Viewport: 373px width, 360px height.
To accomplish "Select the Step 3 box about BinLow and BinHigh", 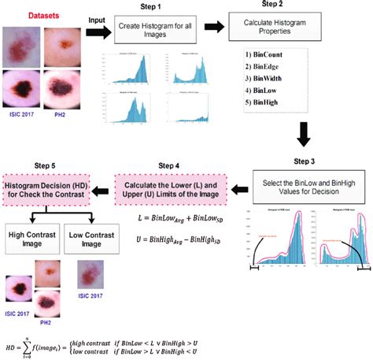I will coord(310,186).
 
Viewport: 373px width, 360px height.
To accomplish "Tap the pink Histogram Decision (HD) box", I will coord(50,186).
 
